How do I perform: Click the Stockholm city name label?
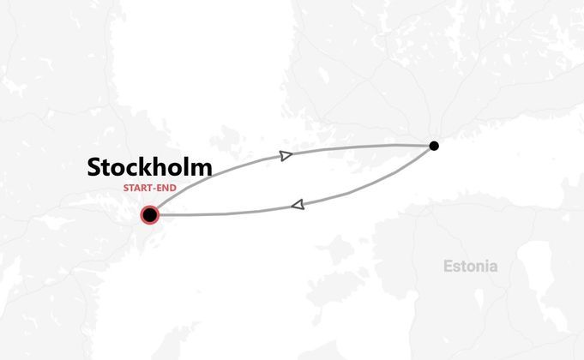pyautogui.click(x=149, y=167)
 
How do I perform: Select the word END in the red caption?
pyautogui.click(x=165, y=188)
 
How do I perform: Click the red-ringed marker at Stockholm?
pyautogui.click(x=150, y=214)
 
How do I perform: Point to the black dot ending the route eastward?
pyautogui.click(x=434, y=146)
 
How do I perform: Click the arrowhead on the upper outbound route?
pyautogui.click(x=286, y=154)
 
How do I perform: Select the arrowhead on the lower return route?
pyautogui.click(x=298, y=205)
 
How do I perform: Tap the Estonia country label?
pyautogui.click(x=470, y=266)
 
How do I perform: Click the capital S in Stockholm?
pyautogui.click(x=95, y=167)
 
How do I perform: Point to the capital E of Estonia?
pyautogui.click(x=448, y=266)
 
